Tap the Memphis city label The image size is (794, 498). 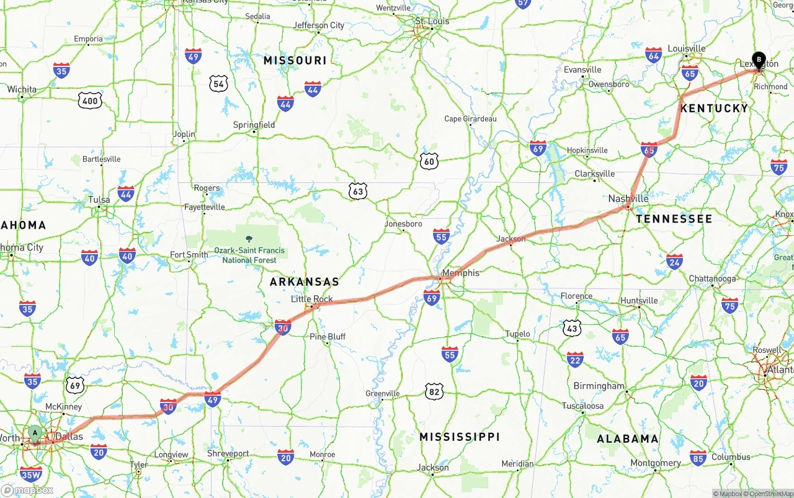460,273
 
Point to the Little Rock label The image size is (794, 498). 312,299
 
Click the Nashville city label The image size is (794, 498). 628,198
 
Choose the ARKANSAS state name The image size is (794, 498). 305,282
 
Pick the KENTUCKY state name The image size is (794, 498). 715,109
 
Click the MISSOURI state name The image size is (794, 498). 295,61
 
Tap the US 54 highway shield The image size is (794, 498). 218,83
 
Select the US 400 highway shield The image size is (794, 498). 90,101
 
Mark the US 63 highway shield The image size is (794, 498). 357,192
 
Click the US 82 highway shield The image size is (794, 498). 434,391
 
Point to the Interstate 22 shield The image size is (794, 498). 575,359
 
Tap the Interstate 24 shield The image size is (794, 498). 674,261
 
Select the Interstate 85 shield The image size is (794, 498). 698,458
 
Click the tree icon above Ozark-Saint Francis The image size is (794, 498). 249,239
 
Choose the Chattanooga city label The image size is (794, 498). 713,279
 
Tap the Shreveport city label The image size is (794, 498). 228,453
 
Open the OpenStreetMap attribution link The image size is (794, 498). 770,494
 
